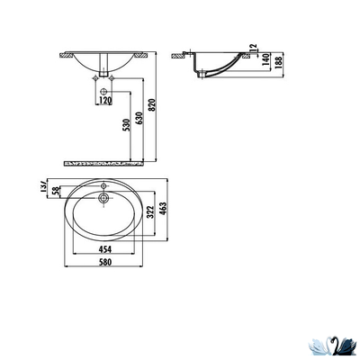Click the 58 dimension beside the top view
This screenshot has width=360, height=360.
[x=52, y=191]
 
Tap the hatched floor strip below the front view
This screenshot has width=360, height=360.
[x=107, y=164]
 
